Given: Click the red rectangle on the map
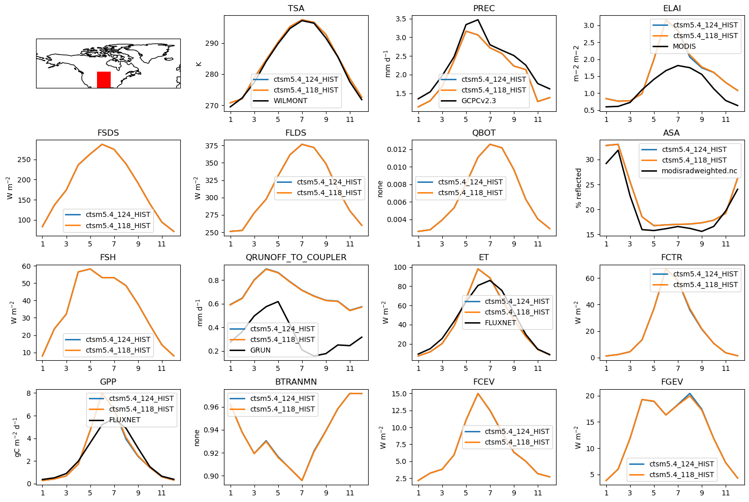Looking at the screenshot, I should pos(104,80).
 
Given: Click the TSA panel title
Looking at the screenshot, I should pos(296,9).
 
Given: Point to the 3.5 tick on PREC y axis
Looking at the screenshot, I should pos(401,19).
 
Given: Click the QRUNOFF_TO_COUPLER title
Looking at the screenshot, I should pos(296,258).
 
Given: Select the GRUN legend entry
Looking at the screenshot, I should pos(260,350).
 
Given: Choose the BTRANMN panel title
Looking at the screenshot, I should pos(296,382).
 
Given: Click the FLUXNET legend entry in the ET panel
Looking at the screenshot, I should pos(500,323).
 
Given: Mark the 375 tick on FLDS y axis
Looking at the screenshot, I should pos(212,146).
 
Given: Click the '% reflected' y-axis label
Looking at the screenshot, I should pos(578,188).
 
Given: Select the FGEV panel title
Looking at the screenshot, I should pos(672,382).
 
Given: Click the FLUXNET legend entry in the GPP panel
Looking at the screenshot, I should pos(124,420).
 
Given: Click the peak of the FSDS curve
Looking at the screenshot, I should pos(102,144).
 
